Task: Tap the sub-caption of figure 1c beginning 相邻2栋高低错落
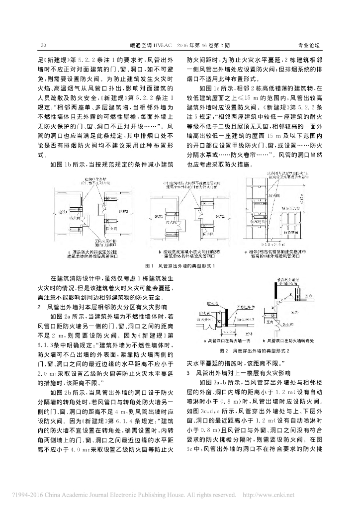coord(284,254)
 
